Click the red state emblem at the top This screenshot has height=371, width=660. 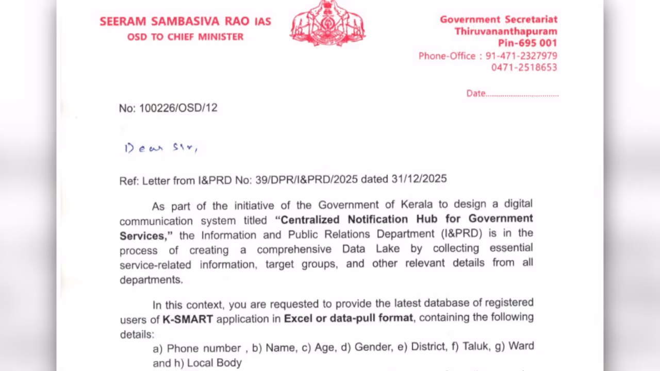pos(327,24)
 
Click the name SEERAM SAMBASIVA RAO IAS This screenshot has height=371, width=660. pos(185,22)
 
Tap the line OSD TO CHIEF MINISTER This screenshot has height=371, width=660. pos(185,37)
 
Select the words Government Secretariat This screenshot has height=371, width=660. pos(498,20)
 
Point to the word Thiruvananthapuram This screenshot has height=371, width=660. pos(505,31)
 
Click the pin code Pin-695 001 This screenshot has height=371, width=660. pos(527,43)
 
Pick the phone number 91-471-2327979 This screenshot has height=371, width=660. pos(521,56)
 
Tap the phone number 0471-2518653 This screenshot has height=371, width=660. pos(524,68)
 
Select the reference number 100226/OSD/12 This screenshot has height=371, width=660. pos(178,108)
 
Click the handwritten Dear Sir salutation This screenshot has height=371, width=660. pos(160,148)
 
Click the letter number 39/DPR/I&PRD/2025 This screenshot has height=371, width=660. pos(306,180)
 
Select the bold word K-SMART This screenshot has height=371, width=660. pos(188,319)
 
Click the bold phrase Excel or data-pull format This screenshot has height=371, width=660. pos(348,318)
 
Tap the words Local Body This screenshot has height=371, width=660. pos(214,363)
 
